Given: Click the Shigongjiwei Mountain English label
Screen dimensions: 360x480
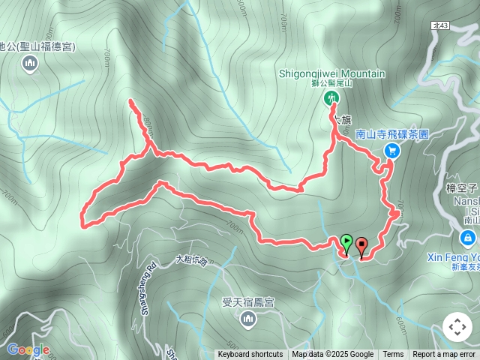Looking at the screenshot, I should coord(332,73).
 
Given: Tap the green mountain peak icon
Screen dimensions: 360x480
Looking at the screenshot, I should coord(331,97).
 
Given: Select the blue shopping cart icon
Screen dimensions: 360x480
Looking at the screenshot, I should coord(391,151).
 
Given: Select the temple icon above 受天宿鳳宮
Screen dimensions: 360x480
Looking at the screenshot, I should coord(248,321).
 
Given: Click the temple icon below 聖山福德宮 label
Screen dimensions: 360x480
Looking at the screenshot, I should coord(30,64).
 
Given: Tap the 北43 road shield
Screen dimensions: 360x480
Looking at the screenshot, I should coord(441,25).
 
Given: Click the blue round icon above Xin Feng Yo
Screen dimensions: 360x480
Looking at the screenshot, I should coord(468,238).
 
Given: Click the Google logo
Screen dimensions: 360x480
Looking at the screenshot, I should coord(28,349).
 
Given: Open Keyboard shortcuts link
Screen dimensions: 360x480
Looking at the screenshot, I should coord(250,355).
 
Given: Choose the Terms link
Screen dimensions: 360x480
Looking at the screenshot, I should coord(393,355).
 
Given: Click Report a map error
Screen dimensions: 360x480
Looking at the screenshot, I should coord(444,355).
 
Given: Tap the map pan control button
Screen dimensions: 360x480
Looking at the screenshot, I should coord(457,327).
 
